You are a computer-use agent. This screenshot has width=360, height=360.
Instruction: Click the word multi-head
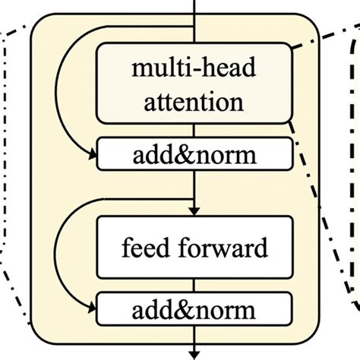tap(194, 71)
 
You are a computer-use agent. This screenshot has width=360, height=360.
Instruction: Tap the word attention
tap(194, 101)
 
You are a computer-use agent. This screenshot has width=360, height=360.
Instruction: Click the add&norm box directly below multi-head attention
tap(194, 156)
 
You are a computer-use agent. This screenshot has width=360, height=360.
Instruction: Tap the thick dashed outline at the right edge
tap(354, 152)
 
